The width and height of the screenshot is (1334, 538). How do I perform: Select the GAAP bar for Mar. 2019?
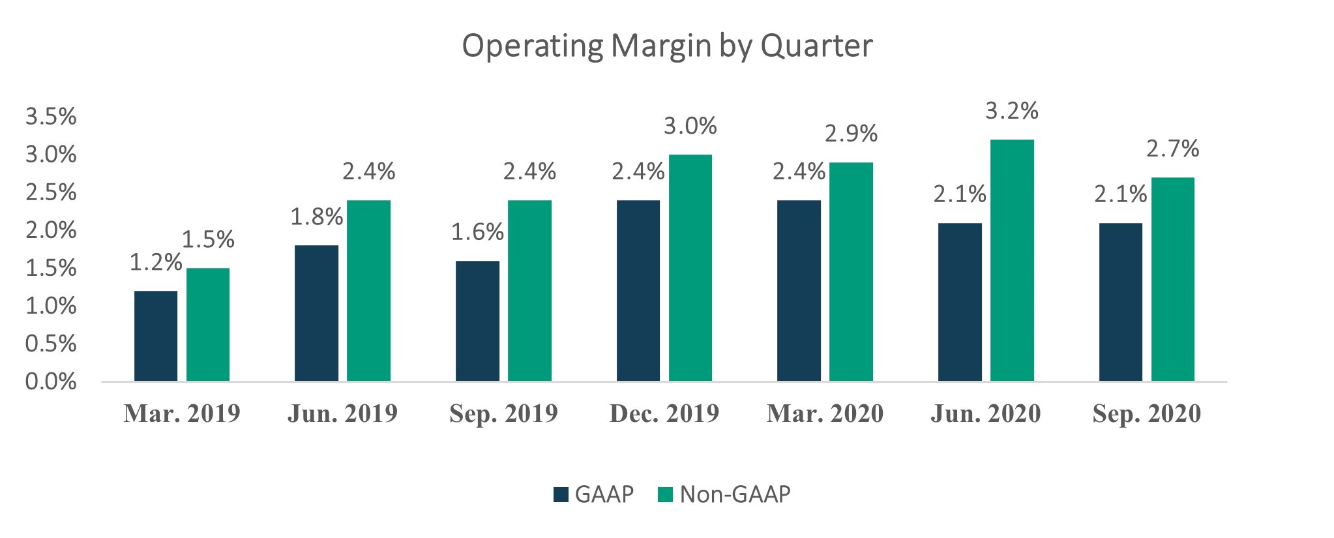156,336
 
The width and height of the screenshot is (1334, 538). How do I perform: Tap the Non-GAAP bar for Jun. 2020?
1012,261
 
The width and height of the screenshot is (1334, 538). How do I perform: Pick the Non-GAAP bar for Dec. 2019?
690,268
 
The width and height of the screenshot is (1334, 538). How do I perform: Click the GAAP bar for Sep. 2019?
477,321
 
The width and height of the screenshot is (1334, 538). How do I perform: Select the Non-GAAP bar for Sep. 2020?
1172,279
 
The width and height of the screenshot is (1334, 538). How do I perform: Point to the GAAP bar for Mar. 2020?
799,291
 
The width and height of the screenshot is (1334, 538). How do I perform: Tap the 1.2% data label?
155,262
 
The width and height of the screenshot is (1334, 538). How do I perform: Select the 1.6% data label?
477,232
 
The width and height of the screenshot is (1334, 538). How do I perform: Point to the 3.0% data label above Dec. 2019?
690,126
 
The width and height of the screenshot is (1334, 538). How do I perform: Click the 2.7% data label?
1172,149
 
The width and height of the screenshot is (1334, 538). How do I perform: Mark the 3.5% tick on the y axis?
51,117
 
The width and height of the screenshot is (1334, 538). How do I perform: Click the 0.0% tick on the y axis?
51,382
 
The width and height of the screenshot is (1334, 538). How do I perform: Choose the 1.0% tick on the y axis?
51,306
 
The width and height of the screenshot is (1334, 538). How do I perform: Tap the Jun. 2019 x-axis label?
342,413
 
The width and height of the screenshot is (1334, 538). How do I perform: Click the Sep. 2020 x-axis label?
1146,413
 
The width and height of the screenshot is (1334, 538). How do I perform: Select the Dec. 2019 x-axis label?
664,413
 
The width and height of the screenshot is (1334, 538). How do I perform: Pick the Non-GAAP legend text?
735,494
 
